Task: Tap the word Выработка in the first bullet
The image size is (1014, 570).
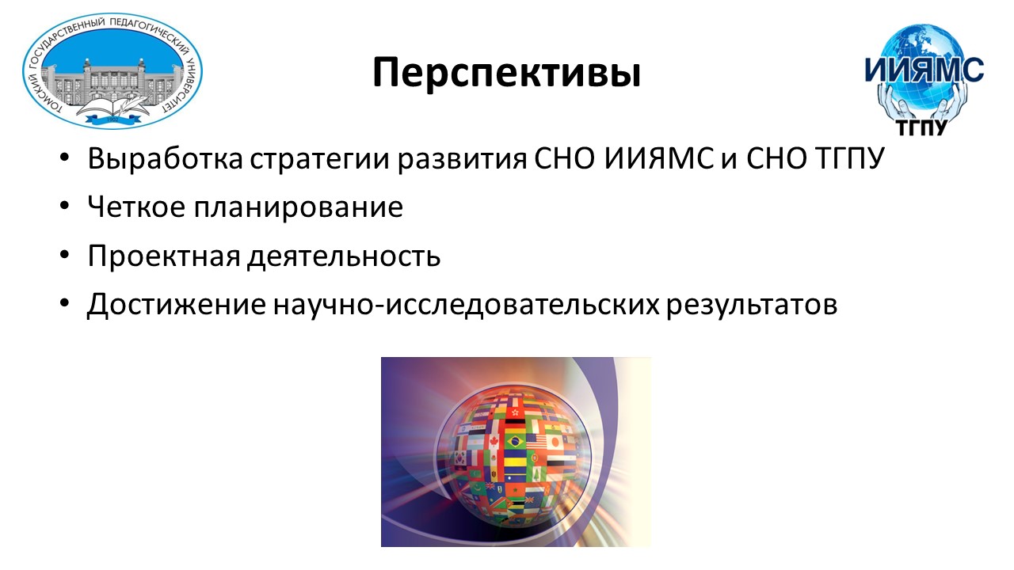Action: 166,159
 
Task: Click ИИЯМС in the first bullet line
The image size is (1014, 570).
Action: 658,159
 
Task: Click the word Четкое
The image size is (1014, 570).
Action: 136,207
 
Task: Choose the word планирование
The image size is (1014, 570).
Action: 299,208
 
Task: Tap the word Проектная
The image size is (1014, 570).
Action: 164,256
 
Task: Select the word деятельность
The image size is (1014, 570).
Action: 344,256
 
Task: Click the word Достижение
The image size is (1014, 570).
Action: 177,305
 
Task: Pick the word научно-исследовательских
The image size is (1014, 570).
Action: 467,306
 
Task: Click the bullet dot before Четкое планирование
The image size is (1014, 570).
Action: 64,207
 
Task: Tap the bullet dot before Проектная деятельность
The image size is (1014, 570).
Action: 64,255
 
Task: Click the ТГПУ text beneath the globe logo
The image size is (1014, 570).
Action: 921,128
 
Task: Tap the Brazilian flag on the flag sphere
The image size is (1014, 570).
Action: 514,441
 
